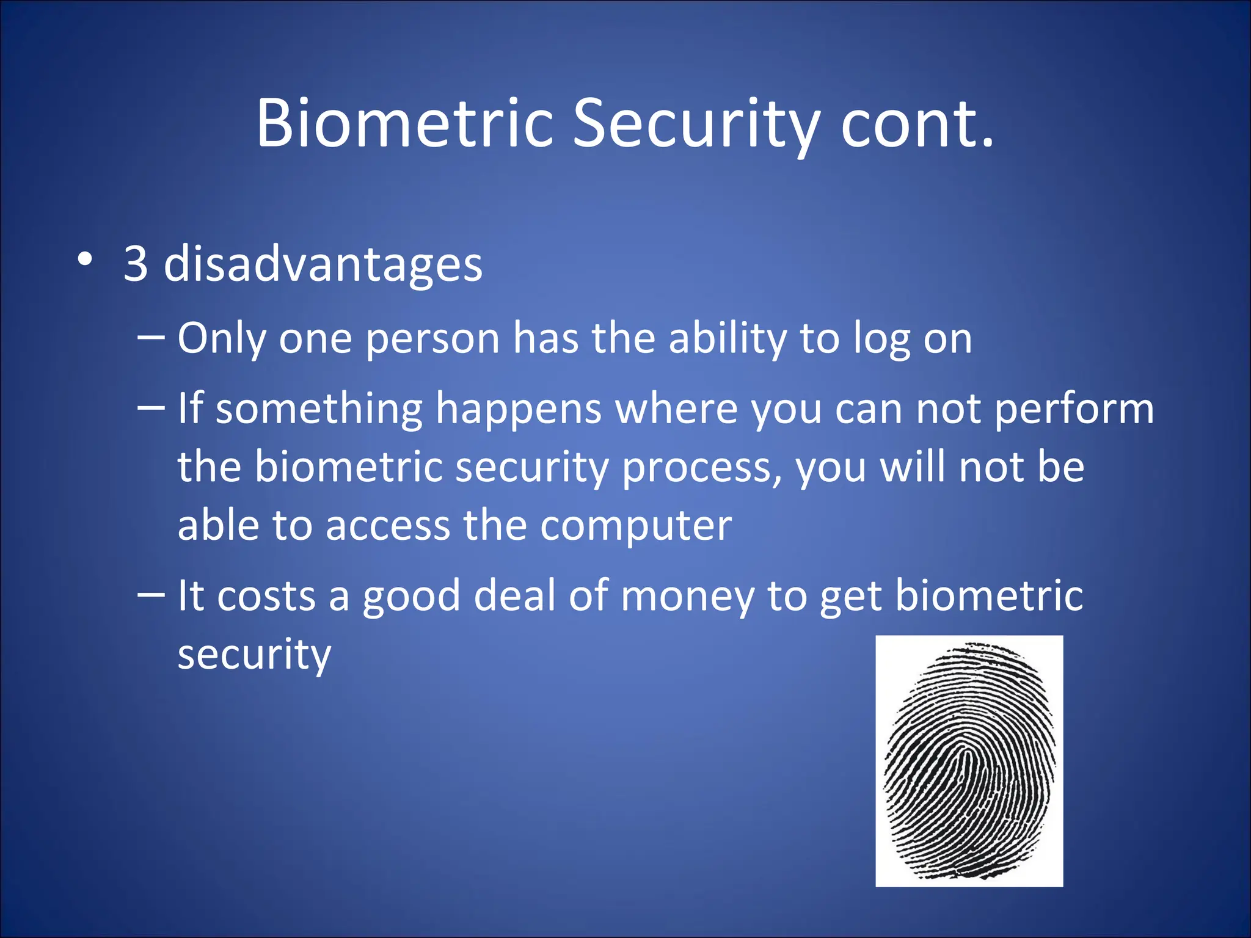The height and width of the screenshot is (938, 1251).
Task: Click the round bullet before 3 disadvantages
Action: click(x=86, y=260)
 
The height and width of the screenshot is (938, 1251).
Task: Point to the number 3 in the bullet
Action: click(x=136, y=264)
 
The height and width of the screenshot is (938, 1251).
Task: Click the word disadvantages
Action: click(x=323, y=264)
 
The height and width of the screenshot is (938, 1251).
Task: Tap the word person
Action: click(x=432, y=340)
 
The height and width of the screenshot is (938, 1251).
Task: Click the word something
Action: click(x=319, y=409)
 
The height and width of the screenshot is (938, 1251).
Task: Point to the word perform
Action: click(x=1074, y=409)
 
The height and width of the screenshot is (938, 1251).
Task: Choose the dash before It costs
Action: click(x=151, y=594)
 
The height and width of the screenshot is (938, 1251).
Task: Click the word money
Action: click(x=687, y=597)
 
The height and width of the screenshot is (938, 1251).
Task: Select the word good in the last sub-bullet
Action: click(x=411, y=597)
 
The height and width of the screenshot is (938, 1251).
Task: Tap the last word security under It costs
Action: click(x=254, y=655)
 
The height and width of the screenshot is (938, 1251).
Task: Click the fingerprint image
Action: click(x=969, y=761)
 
